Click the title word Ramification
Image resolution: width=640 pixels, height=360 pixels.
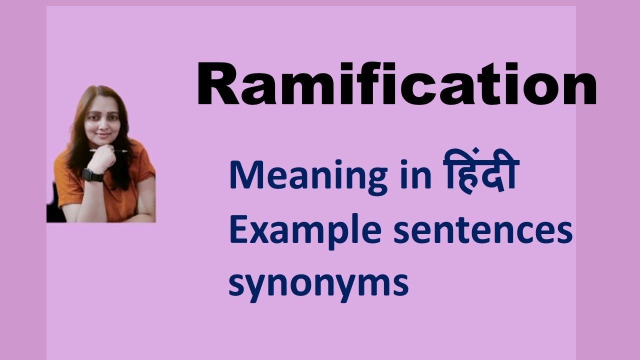pos(396,85)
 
